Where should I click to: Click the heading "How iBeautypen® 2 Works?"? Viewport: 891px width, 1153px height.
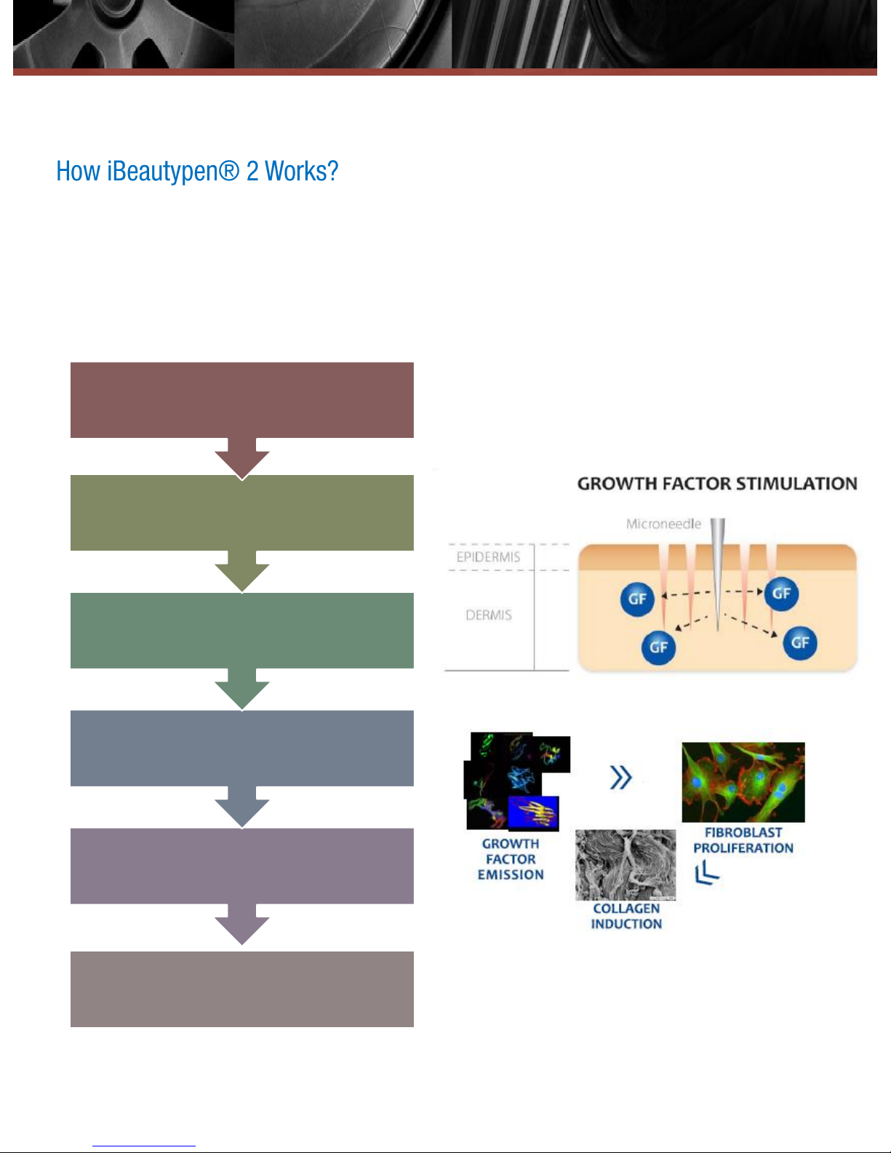coord(197,172)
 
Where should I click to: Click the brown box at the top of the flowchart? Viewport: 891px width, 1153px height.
coord(241,399)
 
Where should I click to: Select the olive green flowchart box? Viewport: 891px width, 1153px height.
coord(241,512)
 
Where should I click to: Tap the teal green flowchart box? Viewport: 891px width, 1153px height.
coord(241,630)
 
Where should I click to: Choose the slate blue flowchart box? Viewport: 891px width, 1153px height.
coord(241,748)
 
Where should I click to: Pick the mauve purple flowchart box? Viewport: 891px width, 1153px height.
coord(241,866)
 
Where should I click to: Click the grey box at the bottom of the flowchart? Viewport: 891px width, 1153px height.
coord(241,989)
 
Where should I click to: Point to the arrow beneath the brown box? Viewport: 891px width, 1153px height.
coord(242,458)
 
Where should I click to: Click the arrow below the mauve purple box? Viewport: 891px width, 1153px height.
coord(242,925)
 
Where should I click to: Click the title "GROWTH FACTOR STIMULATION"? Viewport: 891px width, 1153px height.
coord(716,484)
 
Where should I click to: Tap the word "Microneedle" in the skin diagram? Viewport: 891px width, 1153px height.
coord(663,524)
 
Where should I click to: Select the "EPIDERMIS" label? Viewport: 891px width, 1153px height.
coord(488,557)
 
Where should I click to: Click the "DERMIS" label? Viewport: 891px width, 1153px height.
coord(488,615)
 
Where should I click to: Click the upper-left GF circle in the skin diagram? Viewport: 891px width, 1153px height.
coord(637,599)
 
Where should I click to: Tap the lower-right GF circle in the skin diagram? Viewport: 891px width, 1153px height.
coord(800,642)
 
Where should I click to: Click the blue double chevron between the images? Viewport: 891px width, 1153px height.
coord(620,778)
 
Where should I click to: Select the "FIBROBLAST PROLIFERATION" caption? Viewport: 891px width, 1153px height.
coord(743,840)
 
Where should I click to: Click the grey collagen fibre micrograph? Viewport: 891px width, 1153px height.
coord(625,864)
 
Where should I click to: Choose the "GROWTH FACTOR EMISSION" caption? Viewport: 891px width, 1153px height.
coord(511,859)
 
